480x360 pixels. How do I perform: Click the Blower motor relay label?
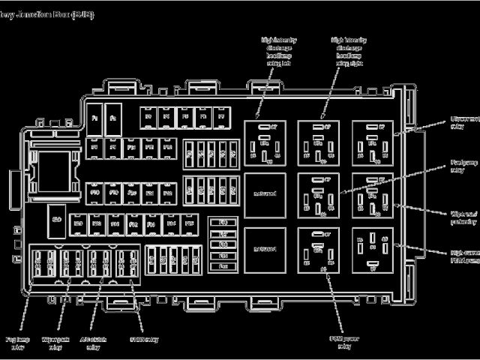463,122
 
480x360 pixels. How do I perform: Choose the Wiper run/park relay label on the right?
463,217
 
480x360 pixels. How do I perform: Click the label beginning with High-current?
463,257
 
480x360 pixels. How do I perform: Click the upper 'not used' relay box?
265,193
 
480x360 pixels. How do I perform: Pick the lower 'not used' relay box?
265,248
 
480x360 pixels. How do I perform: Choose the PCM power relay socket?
319,248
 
